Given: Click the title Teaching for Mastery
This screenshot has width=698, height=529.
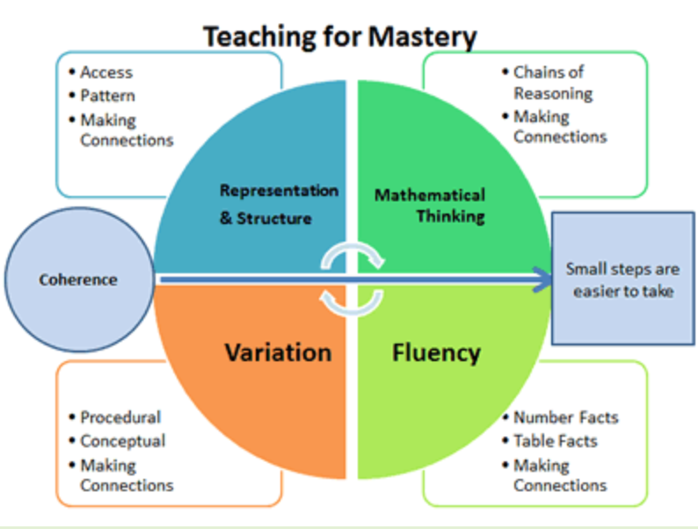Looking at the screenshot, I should [x=340, y=37].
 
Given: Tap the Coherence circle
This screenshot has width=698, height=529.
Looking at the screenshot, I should [x=77, y=280].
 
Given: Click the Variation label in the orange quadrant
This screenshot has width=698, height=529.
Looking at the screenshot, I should [x=278, y=352].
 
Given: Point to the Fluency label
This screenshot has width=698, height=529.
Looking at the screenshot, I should [x=436, y=352].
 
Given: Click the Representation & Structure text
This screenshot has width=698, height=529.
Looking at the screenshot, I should [x=266, y=204].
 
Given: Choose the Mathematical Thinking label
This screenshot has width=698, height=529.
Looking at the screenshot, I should [x=429, y=204].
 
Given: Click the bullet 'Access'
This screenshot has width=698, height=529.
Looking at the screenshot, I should [x=105, y=72].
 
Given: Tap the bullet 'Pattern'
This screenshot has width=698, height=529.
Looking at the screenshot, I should [x=107, y=95].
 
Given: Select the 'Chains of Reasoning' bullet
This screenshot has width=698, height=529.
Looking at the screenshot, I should [x=553, y=83].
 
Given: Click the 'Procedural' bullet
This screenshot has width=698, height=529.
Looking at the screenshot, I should [x=120, y=417].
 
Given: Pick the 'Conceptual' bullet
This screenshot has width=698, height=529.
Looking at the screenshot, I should [x=122, y=441].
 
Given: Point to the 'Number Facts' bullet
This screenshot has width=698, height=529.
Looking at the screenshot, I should [x=565, y=417].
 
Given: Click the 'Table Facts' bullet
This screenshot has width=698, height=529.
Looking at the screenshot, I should [x=555, y=441].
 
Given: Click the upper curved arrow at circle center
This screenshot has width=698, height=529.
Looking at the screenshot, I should [x=353, y=256].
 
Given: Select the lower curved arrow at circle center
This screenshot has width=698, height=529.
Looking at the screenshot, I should [x=353, y=301].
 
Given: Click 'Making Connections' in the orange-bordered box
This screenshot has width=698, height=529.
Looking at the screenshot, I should [x=127, y=475].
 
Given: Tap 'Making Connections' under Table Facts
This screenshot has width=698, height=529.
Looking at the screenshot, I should [x=560, y=475].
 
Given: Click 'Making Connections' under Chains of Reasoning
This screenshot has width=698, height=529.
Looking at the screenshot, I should [x=560, y=127].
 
